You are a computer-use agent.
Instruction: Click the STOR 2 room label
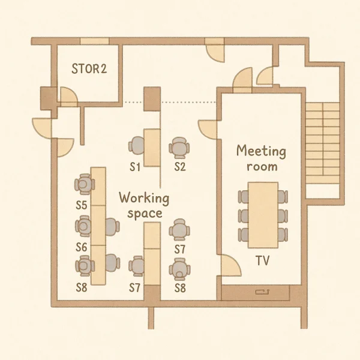(89, 68)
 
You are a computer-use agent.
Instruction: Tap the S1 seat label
(135, 167)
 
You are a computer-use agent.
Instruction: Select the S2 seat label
(180, 167)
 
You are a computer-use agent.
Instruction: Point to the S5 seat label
(82, 205)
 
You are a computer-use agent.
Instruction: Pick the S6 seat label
(82, 247)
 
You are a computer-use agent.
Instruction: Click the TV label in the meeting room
(262, 260)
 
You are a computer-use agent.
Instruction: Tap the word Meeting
(261, 152)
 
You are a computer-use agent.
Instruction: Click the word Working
(144, 198)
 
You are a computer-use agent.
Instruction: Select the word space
(145, 214)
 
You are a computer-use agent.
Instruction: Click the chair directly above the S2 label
(179, 148)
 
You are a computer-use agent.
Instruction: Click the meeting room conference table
(263, 215)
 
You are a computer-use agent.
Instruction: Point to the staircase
(322, 142)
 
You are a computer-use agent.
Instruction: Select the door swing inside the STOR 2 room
(68, 97)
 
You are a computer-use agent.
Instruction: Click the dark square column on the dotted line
(152, 99)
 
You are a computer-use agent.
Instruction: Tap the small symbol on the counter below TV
(262, 292)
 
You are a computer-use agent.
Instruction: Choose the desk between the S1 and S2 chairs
(152, 148)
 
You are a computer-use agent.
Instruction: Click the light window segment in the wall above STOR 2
(94, 41)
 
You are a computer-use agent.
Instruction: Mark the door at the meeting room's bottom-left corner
(231, 265)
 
